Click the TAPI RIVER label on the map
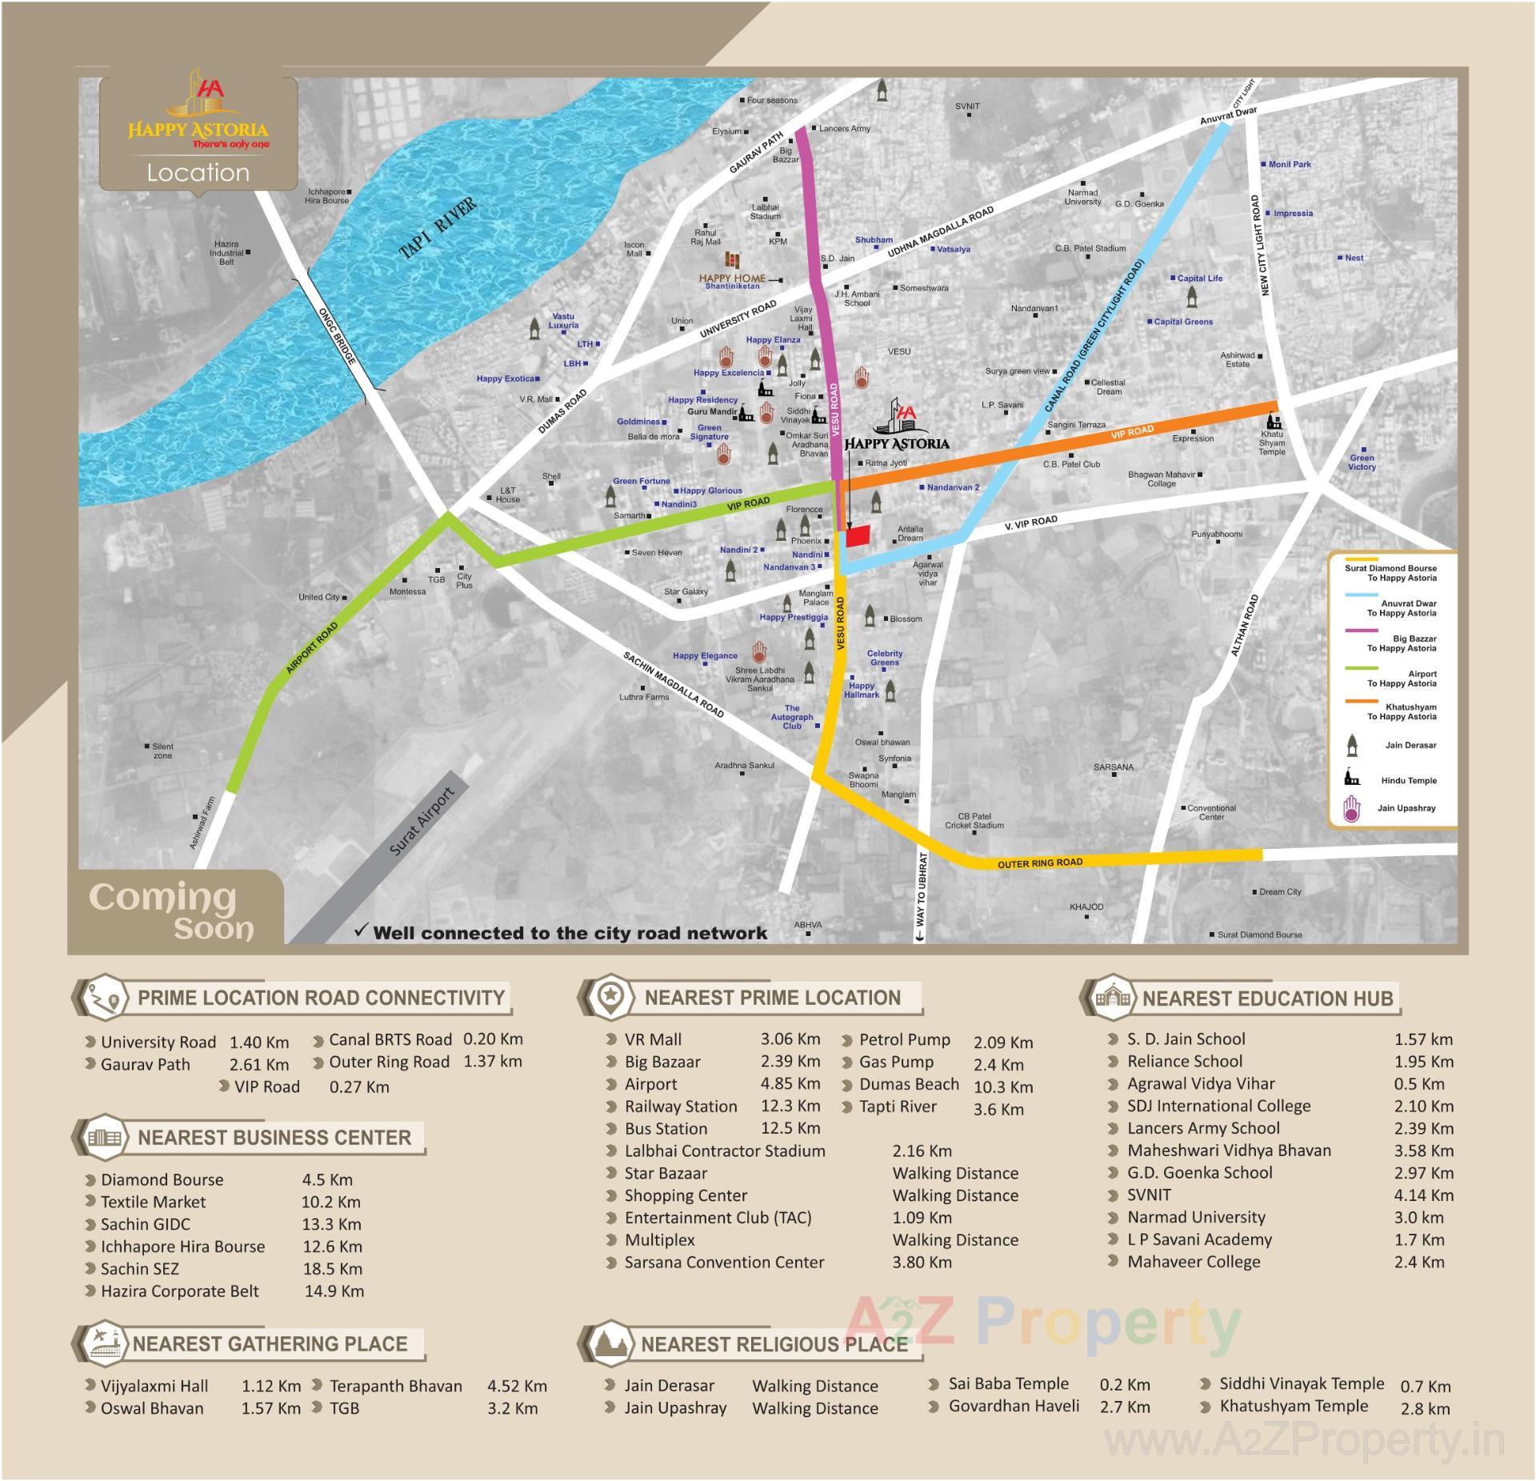click(x=438, y=227)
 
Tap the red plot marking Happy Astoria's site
click(x=858, y=536)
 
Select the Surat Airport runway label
click(x=421, y=821)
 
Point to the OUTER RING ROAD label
click(x=1039, y=863)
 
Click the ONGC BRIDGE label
click(x=337, y=337)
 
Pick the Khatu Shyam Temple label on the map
click(x=1271, y=443)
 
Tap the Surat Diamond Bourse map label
click(x=1259, y=935)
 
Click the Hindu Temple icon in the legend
click(x=1351, y=778)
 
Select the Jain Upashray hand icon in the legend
click(x=1351, y=809)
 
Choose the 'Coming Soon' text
click(x=172, y=911)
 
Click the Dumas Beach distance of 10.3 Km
click(x=1002, y=1087)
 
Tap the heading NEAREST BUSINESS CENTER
click(x=274, y=1137)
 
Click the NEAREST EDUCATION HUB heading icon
click(x=1113, y=997)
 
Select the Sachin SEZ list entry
click(x=140, y=1269)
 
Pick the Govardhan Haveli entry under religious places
click(x=1014, y=1406)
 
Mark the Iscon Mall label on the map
click(x=634, y=250)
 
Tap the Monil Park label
click(x=1289, y=165)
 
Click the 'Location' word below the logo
click(x=198, y=173)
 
